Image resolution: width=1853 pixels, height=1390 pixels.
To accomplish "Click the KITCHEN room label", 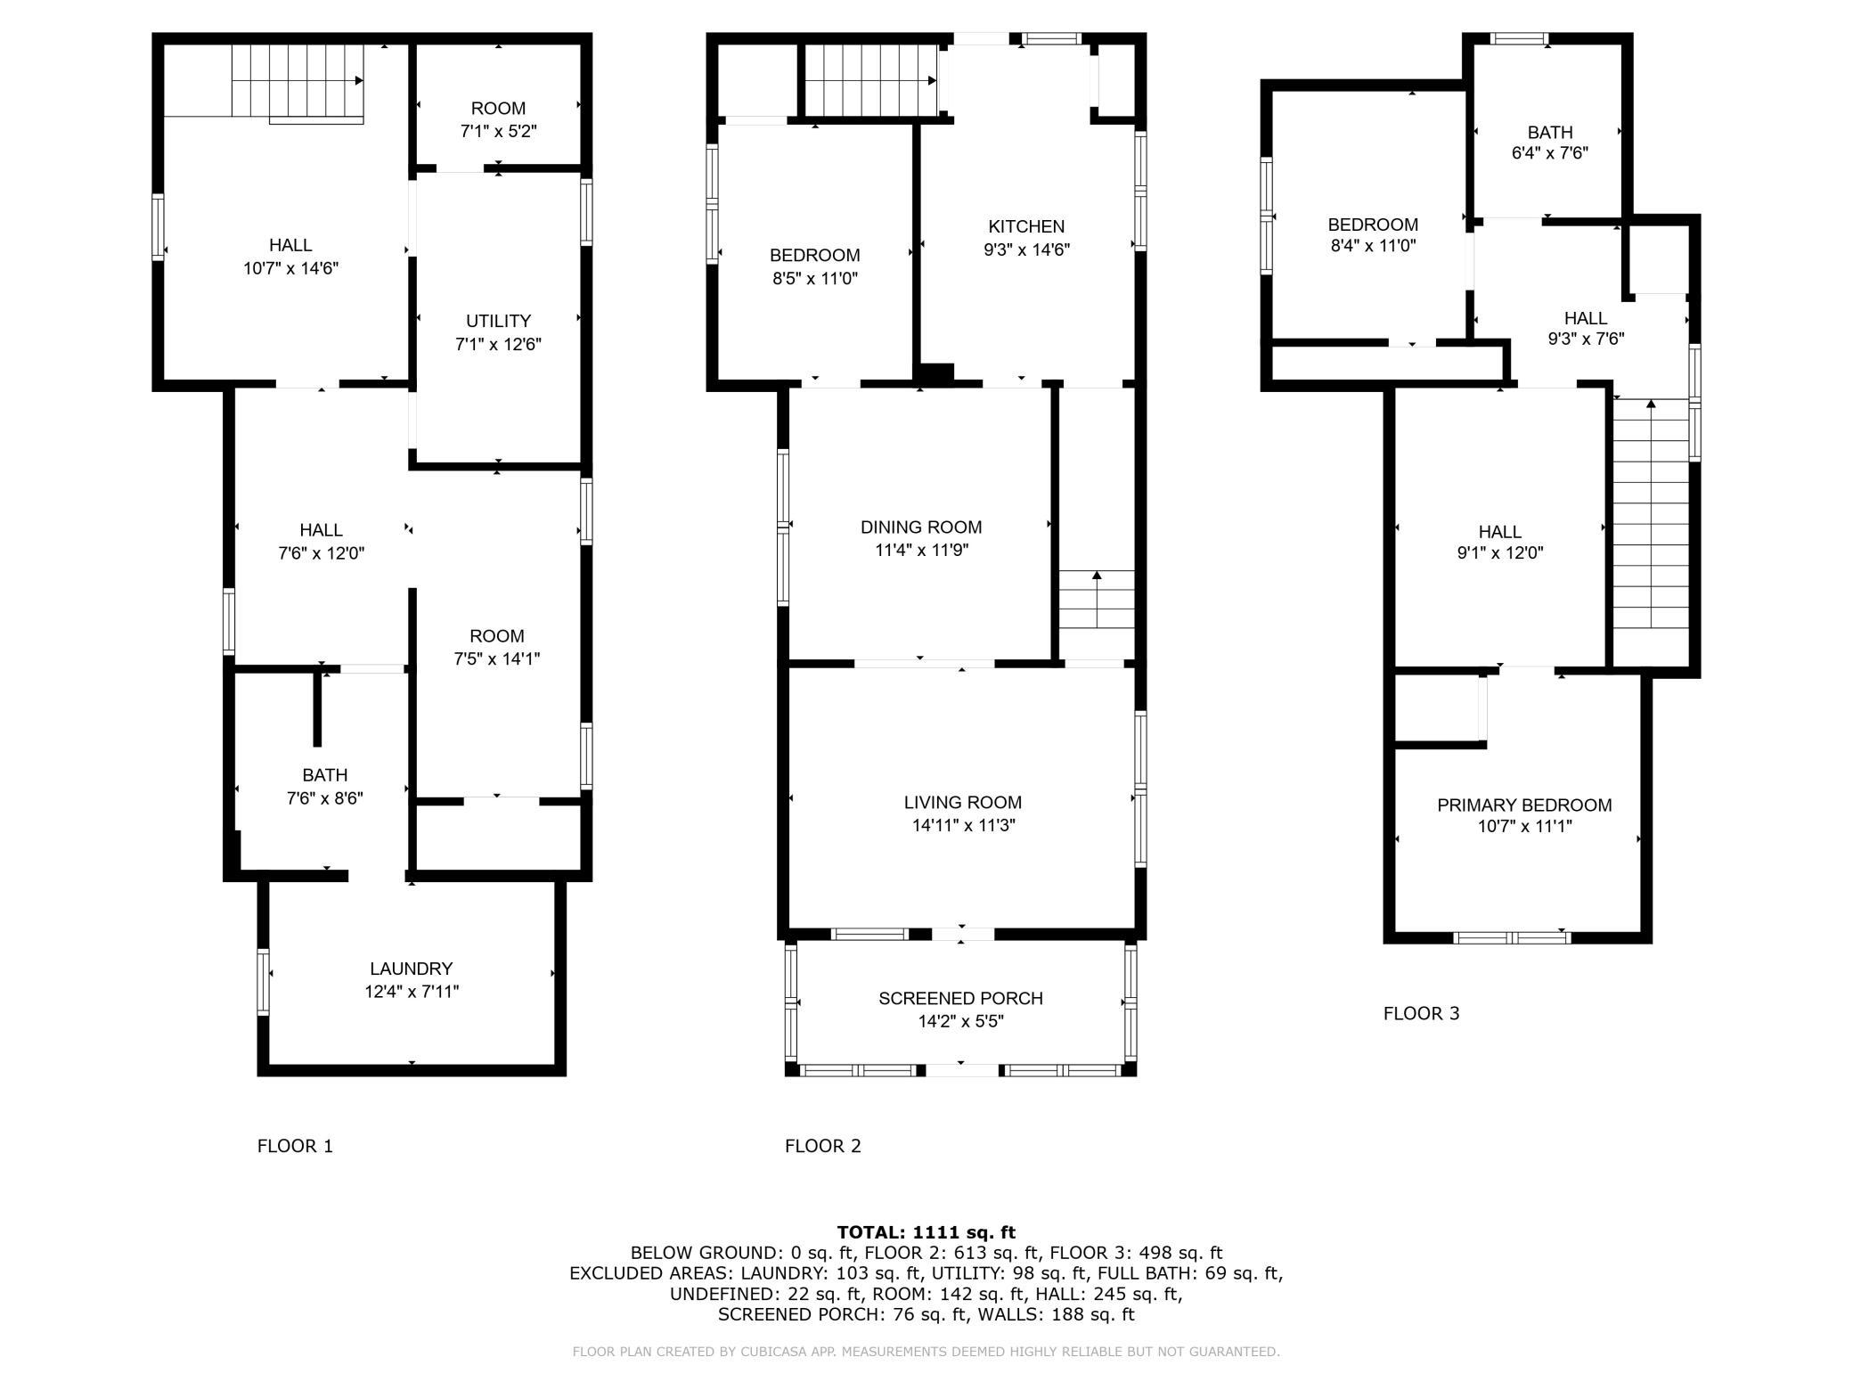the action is pos(1026,226).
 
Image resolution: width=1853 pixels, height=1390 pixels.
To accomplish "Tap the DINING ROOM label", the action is pos(921,527).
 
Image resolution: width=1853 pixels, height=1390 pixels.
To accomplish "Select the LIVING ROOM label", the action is pos(963,802).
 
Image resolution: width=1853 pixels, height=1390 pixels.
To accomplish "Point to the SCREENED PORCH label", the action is pos(960,998).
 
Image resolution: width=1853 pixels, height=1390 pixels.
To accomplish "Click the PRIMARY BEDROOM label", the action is pos(1524,805).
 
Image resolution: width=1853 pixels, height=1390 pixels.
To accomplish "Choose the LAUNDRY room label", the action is pos(412,968).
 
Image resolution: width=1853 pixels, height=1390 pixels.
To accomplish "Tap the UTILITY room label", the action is pos(498,321).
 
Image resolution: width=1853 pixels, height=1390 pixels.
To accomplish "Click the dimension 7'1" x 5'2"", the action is pos(498,131).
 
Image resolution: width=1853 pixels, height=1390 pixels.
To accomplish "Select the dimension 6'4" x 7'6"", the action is pos(1550,152).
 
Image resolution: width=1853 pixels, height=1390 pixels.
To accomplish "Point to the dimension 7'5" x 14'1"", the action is pos(497,658).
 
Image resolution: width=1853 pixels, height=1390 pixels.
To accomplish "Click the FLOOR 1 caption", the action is pos(295,1146).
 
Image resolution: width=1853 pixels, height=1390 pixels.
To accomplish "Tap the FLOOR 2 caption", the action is pos(823,1146).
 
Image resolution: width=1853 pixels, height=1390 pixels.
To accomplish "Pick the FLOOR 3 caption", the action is pos(1422,1013).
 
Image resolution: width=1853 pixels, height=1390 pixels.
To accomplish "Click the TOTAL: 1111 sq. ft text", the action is pos(926,1232).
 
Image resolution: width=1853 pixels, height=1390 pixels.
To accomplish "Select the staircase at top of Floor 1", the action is pos(298,80).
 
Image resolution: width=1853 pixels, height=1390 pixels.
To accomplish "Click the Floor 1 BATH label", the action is pos(324,775).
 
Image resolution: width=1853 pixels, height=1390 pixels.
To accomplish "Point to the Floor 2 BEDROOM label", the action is pos(815,256).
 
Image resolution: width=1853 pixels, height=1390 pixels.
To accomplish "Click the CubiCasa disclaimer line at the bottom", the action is pos(926,1352).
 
